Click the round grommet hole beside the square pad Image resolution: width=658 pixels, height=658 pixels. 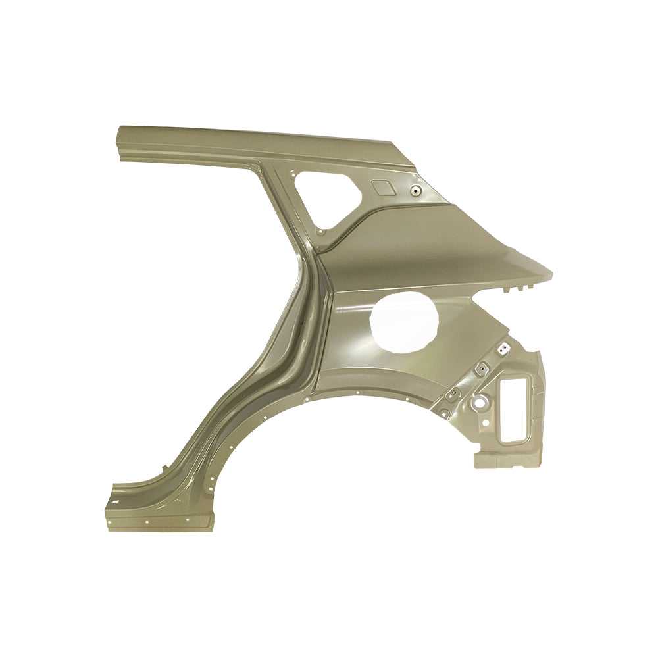point(415,191)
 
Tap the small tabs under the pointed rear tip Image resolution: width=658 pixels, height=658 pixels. point(520,288)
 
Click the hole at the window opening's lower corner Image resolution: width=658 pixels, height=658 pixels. point(320,231)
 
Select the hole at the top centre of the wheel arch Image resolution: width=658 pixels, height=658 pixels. point(357,392)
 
